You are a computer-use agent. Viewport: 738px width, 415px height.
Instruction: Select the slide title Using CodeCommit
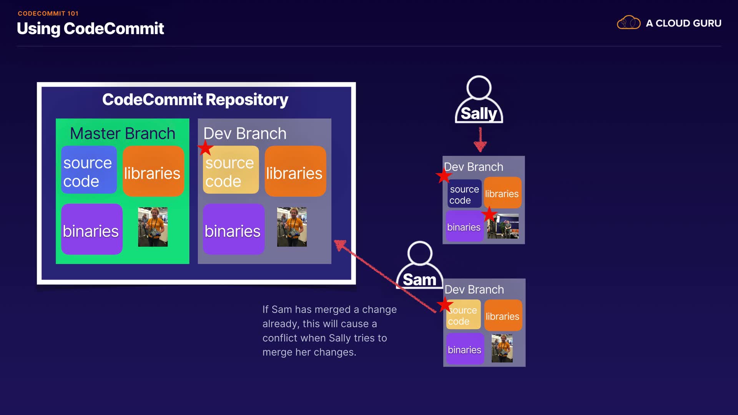(90, 28)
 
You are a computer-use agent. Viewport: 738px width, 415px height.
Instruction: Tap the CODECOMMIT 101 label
(48, 13)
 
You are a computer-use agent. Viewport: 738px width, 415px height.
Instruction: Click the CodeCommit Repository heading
(195, 100)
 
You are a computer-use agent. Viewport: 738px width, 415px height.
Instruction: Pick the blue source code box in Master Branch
(89, 169)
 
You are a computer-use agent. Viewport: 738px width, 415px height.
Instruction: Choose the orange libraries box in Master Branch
(153, 171)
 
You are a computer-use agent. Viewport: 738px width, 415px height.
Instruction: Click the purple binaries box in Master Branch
(92, 229)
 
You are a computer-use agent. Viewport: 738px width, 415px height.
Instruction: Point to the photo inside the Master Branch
(153, 227)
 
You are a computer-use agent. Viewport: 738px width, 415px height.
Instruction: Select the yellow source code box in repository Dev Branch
(231, 169)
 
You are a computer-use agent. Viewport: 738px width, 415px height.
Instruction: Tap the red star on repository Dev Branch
(205, 148)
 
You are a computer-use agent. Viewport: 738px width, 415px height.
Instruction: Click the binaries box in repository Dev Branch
(234, 229)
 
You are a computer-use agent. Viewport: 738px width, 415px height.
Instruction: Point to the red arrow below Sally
(480, 139)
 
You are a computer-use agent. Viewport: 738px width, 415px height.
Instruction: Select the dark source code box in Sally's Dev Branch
(465, 194)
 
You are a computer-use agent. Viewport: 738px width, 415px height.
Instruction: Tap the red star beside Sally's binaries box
(489, 214)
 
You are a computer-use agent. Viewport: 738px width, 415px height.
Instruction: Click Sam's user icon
(420, 265)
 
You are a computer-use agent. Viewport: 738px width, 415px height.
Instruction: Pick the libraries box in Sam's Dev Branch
(503, 315)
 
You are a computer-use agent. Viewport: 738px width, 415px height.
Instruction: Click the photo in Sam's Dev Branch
(502, 348)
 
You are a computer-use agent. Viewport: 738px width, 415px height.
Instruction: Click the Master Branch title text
(123, 133)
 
